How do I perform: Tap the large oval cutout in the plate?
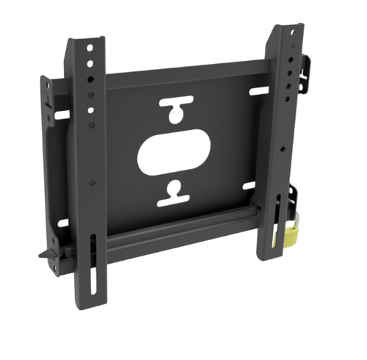pyautogui.click(x=174, y=153)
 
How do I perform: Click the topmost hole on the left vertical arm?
pyautogui.click(x=90, y=48)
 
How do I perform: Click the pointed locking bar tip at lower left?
pyautogui.click(x=43, y=256)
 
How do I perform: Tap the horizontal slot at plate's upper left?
pyautogui.click(x=62, y=115)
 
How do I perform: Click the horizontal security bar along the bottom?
pyautogui.click(x=176, y=235)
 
